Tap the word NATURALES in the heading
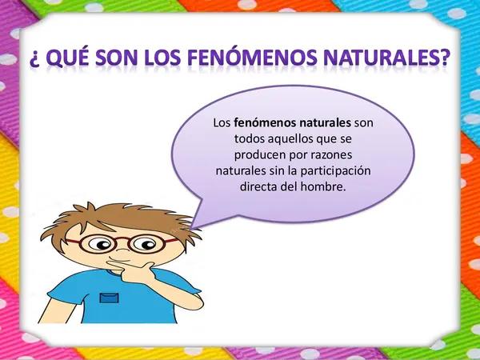click(x=382, y=58)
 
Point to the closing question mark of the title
click(x=444, y=58)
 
